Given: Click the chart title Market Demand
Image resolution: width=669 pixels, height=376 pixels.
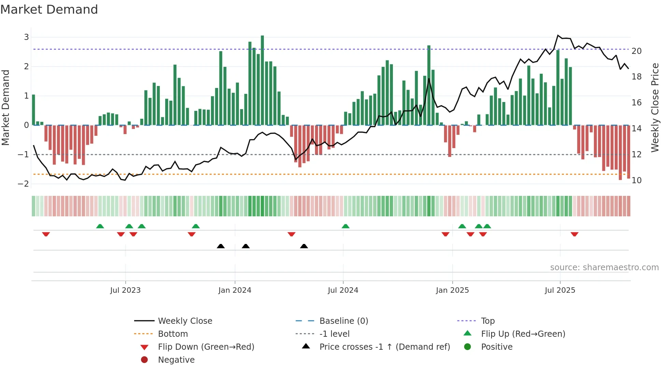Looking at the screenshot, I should click(x=49, y=10).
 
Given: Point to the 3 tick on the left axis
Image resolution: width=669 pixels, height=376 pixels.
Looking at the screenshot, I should click(x=26, y=37).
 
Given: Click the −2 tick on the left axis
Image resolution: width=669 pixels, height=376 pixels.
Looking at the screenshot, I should click(x=24, y=184).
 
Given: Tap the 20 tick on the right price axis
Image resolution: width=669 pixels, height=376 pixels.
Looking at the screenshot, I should click(x=636, y=51).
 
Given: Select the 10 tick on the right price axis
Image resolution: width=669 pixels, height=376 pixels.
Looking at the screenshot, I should click(x=636, y=180).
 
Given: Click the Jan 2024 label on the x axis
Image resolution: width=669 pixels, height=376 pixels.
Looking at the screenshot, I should click(x=234, y=290).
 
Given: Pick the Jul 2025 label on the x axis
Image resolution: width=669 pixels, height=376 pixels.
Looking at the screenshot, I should click(x=560, y=290).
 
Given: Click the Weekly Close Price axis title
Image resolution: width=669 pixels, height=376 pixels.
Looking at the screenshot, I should click(x=655, y=107).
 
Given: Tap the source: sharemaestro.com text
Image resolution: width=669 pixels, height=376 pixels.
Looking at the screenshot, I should click(x=604, y=267).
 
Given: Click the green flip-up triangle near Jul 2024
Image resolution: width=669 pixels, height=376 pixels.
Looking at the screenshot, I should click(x=345, y=226).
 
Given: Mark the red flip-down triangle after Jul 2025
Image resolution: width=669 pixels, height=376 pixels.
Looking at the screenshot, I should click(x=574, y=234).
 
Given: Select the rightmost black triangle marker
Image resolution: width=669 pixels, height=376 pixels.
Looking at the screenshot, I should click(x=304, y=246).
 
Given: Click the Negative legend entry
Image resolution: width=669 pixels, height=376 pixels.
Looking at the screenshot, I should click(x=176, y=360).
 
